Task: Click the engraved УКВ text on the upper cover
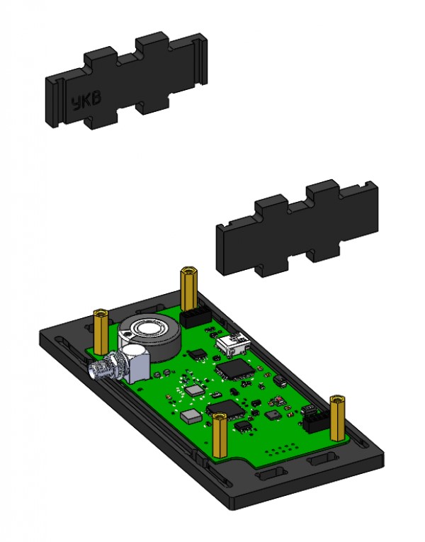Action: [x=86, y=101]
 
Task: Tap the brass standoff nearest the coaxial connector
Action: [x=101, y=332]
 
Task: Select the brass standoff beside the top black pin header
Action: [x=188, y=289]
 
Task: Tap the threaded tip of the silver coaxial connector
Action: [x=96, y=369]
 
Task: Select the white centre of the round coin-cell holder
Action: [x=149, y=327]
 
